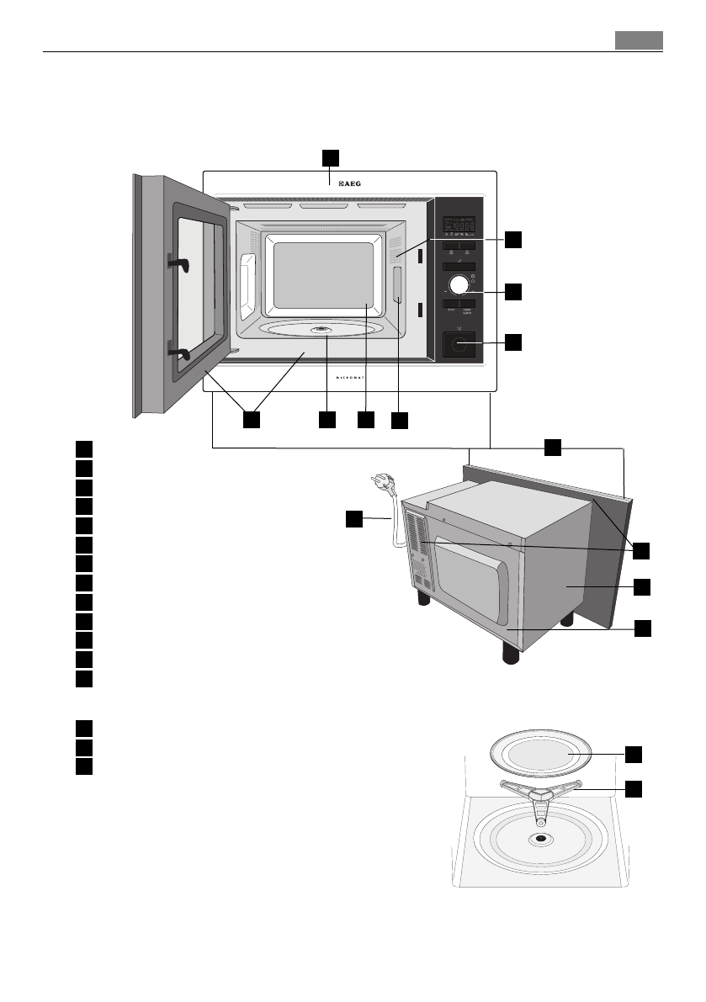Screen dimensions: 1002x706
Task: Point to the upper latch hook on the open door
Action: point(180,263)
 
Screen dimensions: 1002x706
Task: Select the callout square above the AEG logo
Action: point(331,157)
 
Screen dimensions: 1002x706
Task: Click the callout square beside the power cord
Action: point(354,520)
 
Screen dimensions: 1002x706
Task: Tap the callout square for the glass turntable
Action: point(633,754)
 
